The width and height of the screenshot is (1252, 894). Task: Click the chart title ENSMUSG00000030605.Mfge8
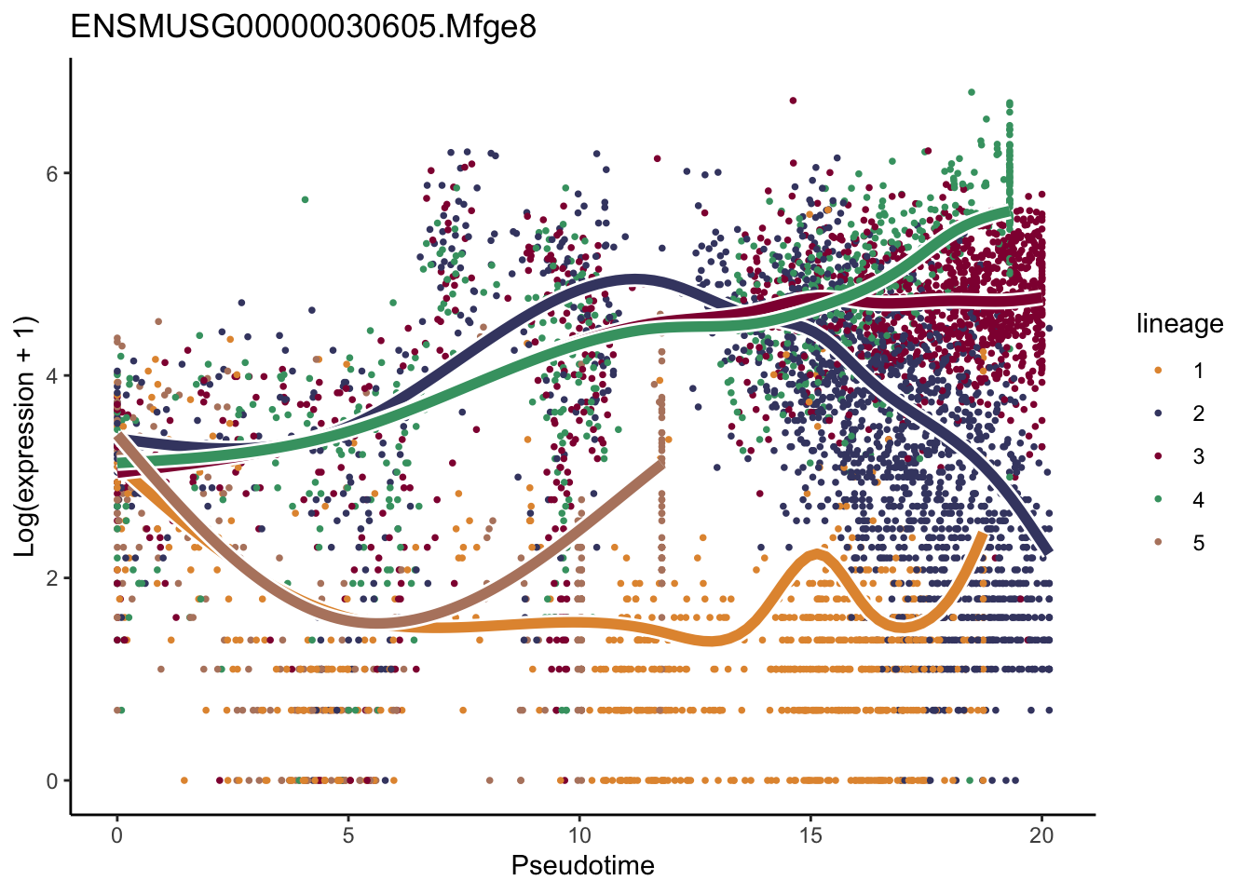click(303, 28)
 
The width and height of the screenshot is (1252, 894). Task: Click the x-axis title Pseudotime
click(582, 866)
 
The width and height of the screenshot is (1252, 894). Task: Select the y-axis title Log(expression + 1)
click(25, 436)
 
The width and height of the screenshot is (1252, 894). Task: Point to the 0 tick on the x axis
click(116, 835)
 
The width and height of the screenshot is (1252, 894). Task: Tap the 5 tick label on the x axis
click(347, 835)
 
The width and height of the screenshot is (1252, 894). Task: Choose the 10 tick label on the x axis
click(579, 835)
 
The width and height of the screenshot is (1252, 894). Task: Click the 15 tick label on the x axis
click(810, 835)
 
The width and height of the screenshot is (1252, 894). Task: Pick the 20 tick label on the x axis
click(1041, 835)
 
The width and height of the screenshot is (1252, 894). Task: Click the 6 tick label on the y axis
click(52, 174)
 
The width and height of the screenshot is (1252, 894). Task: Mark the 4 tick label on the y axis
click(52, 376)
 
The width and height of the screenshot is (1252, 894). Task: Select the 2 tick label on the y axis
click(52, 578)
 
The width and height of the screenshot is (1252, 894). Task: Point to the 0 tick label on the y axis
click(52, 781)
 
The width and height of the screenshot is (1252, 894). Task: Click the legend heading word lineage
click(1179, 324)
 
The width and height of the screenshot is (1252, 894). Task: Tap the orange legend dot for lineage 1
click(1158, 371)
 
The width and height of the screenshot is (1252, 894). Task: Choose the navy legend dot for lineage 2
click(1158, 413)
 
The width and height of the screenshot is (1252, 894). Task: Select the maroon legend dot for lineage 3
click(1158, 456)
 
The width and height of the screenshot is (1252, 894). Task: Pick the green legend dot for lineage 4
click(1158, 500)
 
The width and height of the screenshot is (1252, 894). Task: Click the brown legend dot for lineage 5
click(1158, 543)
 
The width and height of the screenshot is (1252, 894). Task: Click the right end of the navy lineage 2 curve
click(1047, 551)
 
